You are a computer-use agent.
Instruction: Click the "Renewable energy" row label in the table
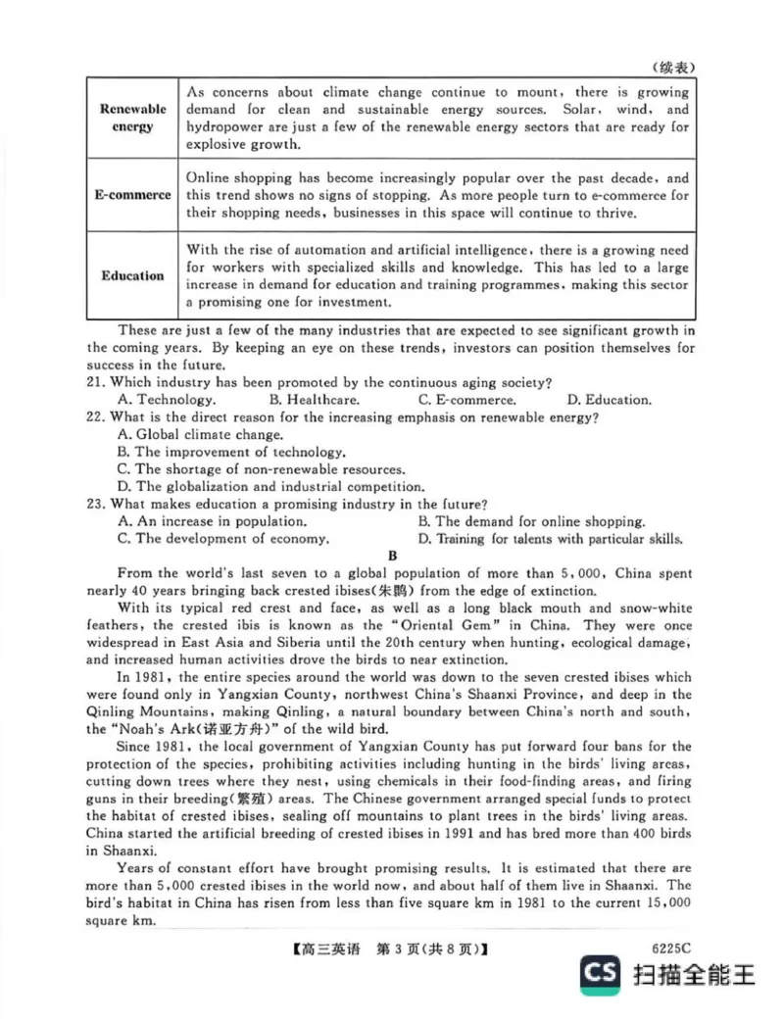point(132,118)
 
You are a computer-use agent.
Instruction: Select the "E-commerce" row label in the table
point(132,195)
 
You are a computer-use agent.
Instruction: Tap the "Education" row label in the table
point(132,275)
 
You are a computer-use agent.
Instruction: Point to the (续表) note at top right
point(672,67)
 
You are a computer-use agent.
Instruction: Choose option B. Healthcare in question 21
point(314,399)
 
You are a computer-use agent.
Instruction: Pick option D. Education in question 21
point(609,399)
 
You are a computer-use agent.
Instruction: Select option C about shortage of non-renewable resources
point(260,469)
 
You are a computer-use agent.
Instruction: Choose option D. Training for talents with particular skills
point(550,539)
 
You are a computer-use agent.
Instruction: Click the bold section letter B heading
point(393,556)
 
